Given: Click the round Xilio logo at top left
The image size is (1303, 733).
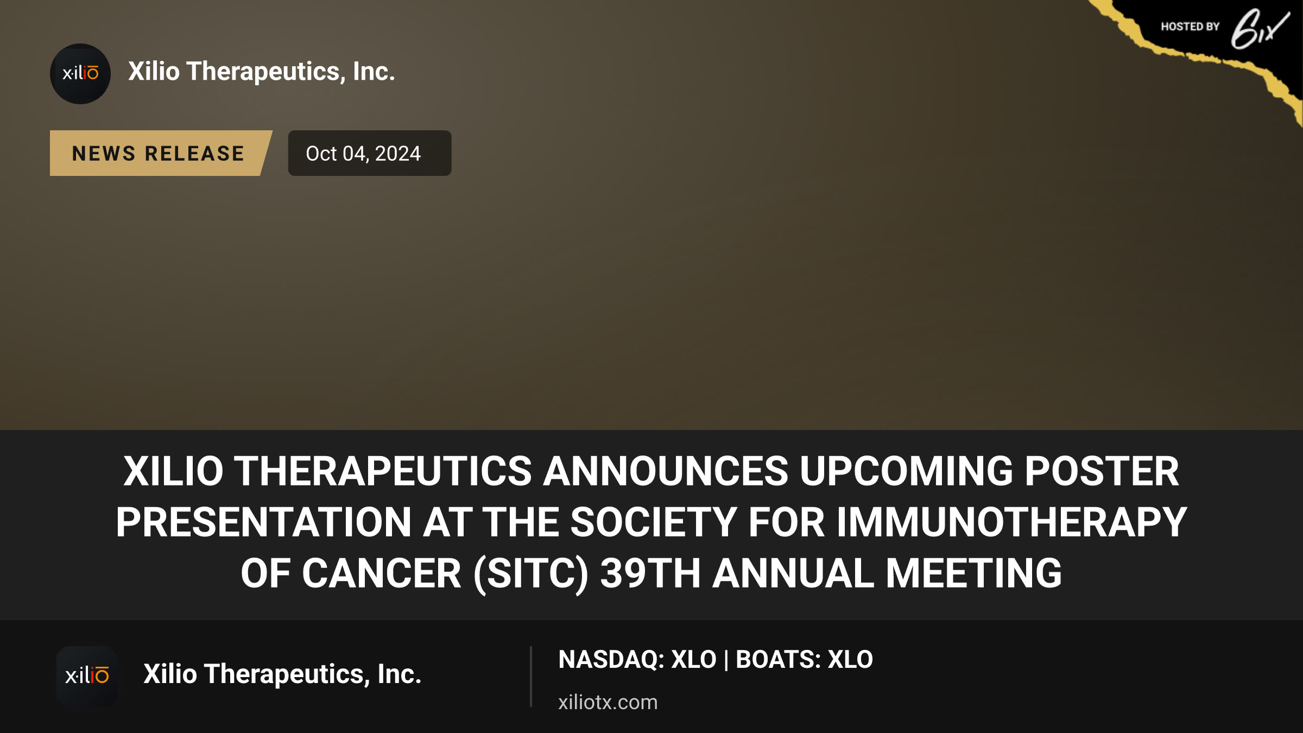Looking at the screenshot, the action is click(80, 74).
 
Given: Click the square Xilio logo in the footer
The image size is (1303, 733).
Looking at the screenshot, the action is click(87, 676).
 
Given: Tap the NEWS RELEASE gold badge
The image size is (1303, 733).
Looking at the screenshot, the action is click(161, 153).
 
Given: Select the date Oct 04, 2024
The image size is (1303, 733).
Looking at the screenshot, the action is click(363, 154).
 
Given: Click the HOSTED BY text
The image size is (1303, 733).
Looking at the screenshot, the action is click(1190, 27).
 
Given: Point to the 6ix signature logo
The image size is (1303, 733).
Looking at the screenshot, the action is click(1260, 29).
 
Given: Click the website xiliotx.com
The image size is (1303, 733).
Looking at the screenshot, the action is click(608, 702).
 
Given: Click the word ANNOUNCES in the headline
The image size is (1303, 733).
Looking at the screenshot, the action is click(665, 471).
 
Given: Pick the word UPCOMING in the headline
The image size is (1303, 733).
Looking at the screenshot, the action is click(906, 471).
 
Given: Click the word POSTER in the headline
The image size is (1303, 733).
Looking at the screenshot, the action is click(1102, 471).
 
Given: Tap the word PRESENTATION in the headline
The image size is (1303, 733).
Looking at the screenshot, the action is click(264, 522).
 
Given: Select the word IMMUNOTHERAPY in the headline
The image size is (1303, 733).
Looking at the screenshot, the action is click(1011, 522).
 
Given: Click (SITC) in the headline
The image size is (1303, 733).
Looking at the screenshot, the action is click(530, 574).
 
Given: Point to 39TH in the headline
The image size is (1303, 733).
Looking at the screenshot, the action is click(650, 574).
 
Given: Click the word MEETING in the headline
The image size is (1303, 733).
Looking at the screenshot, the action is click(973, 574).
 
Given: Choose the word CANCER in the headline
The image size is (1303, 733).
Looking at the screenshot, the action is click(382, 574).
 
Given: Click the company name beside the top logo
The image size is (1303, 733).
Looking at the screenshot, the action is click(262, 72).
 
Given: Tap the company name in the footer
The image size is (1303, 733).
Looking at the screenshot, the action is click(282, 674).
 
